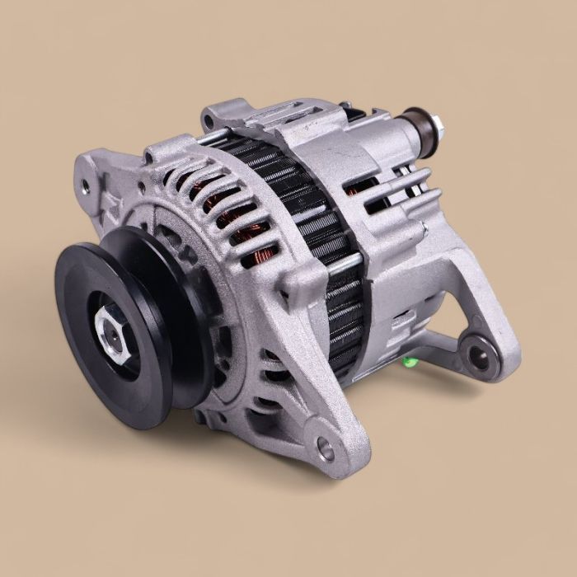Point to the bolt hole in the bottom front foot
click(326, 450)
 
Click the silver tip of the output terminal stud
click(436, 124)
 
